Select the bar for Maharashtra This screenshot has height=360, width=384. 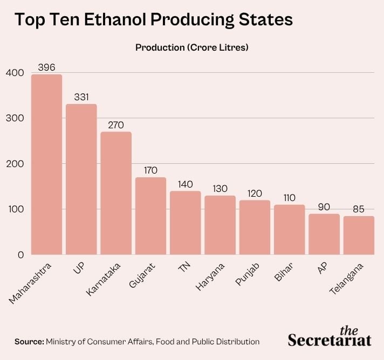[x=46, y=164]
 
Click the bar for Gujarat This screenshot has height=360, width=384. [x=150, y=216]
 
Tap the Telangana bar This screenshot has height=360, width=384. [x=359, y=235]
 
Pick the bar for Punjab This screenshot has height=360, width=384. [x=255, y=227]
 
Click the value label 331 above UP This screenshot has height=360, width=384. [x=81, y=97]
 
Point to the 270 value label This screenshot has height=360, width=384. [x=116, y=125]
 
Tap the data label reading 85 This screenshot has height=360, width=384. [x=359, y=209]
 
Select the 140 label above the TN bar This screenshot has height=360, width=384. [x=186, y=184]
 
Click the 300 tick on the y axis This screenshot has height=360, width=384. [x=15, y=118]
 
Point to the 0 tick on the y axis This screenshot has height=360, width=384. [x=21, y=255]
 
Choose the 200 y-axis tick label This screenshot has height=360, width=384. [x=15, y=164]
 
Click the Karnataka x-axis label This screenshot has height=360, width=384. [x=104, y=280]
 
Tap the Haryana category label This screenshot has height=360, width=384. [x=210, y=277]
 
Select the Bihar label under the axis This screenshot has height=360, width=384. [x=284, y=272]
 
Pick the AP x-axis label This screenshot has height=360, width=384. [x=323, y=268]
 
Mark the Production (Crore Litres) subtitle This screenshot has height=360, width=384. [x=192, y=47]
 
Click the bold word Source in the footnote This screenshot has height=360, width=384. [x=29, y=341]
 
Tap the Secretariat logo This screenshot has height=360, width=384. [x=330, y=336]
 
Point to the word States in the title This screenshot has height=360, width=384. [x=266, y=19]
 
